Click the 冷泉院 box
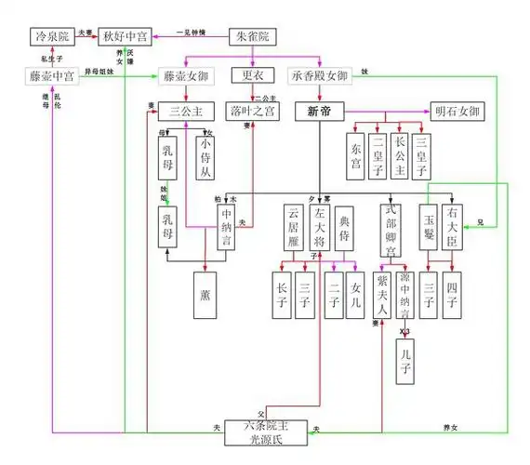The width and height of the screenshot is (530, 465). click(x=50, y=38)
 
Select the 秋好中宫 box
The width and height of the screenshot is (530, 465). click(x=126, y=38)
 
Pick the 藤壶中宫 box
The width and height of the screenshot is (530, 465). click(x=52, y=76)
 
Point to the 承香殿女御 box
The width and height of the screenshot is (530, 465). click(x=322, y=76)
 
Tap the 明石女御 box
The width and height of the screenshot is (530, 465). click(x=457, y=111)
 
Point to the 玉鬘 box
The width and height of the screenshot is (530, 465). click(x=430, y=227)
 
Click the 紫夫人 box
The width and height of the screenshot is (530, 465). click(x=381, y=294)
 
